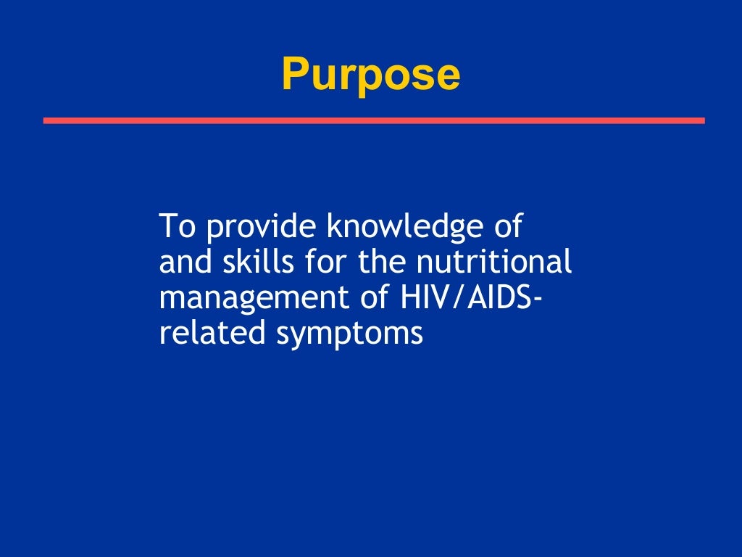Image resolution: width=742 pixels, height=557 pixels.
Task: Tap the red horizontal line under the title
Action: tap(373, 120)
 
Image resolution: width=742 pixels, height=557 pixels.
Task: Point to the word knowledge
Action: tap(402, 228)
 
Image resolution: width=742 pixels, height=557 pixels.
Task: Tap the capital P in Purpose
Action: tap(293, 75)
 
